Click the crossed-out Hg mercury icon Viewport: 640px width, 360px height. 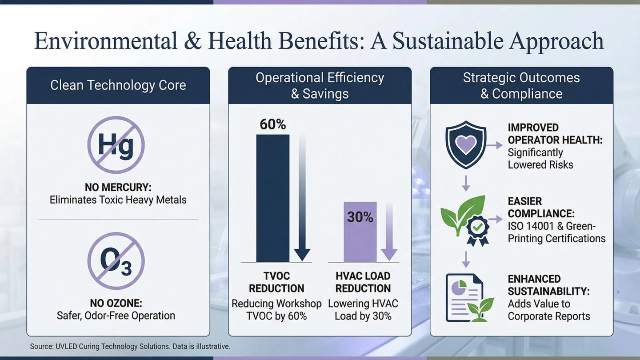click(116, 145)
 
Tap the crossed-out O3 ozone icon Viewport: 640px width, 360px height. click(116, 261)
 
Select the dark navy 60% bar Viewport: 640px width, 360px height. click(273, 198)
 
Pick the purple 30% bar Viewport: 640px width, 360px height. click(360, 232)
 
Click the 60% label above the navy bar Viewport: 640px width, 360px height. click(273, 124)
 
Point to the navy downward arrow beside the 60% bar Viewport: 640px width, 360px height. click(302, 198)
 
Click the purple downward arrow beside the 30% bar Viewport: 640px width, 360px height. click(389, 232)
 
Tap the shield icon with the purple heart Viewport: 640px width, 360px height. click(466, 144)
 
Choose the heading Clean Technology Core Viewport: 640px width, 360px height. click(118, 85)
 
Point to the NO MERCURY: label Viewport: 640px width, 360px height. click(118, 188)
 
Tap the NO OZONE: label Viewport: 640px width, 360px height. click(116, 303)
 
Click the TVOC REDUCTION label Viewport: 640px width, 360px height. click(276, 282)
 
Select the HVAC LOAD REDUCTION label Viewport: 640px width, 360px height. click(363, 282)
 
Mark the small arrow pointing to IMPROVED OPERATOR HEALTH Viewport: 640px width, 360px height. click(495, 145)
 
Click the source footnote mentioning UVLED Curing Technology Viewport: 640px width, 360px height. click(130, 347)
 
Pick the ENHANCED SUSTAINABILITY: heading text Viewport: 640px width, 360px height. click(548, 285)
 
